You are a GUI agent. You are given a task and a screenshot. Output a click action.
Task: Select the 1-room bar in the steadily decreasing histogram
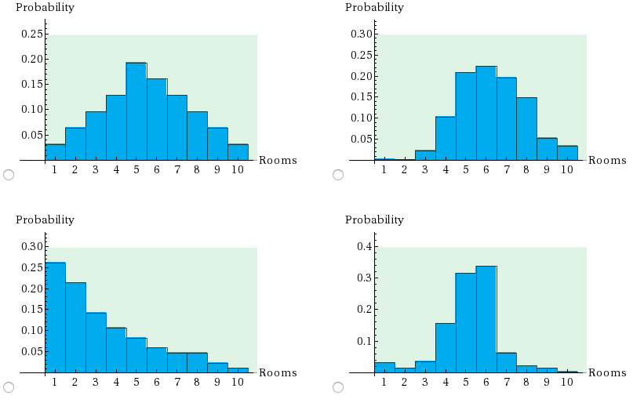pos(55,317)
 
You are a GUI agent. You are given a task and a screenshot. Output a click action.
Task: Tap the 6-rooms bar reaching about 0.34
pos(486,319)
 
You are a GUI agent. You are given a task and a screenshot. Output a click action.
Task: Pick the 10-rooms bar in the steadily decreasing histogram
pos(238,369)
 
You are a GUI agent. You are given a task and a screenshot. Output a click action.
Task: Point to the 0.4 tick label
pos(362,246)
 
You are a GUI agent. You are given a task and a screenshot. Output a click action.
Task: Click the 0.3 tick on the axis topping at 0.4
pos(362,278)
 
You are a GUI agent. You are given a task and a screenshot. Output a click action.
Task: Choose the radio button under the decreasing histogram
pos(9,387)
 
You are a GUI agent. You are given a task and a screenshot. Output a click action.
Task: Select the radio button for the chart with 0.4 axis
pos(338,387)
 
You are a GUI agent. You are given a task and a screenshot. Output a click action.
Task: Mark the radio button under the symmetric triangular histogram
pos(9,174)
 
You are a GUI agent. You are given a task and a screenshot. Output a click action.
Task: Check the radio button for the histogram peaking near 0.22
pos(338,174)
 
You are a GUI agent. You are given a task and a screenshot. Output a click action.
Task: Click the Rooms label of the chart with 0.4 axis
pos(607,372)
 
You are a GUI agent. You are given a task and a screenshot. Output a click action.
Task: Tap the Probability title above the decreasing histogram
pos(45,220)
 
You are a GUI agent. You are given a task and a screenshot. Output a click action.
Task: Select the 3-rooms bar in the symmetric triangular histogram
pos(96,136)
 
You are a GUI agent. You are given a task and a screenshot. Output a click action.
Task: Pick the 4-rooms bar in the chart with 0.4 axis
pos(445,347)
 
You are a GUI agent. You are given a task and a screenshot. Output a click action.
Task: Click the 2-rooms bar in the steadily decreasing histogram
pos(75,327)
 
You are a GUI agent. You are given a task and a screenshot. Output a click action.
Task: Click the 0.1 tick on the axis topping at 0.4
pos(362,341)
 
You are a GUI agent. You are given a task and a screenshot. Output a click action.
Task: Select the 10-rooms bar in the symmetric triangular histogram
pos(238,151)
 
